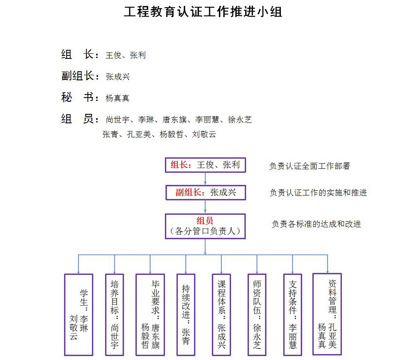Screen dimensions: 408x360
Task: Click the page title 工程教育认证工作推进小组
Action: (x=203, y=12)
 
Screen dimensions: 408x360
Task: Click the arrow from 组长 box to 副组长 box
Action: (x=205, y=179)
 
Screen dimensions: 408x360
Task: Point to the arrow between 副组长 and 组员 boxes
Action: (x=205, y=207)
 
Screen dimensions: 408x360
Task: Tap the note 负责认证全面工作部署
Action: (x=310, y=166)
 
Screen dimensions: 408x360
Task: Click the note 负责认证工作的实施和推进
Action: (x=318, y=192)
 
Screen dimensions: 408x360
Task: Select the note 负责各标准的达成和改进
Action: (x=317, y=224)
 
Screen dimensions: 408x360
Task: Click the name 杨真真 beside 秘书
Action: (x=117, y=98)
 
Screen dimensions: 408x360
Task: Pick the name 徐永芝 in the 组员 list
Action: (x=240, y=120)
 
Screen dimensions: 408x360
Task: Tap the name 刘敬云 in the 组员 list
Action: (x=204, y=134)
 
